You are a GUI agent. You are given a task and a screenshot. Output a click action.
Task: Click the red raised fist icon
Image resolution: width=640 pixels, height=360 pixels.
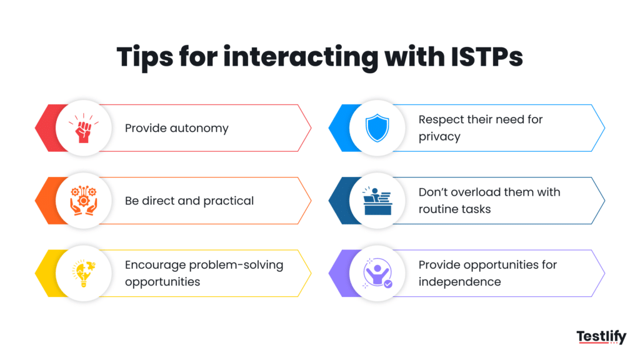84,128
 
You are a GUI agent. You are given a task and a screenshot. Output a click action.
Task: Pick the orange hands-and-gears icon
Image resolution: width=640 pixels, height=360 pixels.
84,201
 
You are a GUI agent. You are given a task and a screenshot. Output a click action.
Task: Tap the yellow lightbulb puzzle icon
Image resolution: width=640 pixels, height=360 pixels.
84,273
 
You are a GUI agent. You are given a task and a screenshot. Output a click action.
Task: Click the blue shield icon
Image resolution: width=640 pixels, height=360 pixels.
377,128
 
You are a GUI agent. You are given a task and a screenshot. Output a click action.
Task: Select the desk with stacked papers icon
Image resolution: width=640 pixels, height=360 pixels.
377,201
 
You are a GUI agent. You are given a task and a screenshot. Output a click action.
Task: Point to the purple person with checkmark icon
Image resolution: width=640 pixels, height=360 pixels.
377,273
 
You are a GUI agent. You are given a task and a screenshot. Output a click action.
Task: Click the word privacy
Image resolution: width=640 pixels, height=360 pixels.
439,137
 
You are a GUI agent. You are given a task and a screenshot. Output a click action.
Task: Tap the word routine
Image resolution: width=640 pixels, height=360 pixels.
438,209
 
